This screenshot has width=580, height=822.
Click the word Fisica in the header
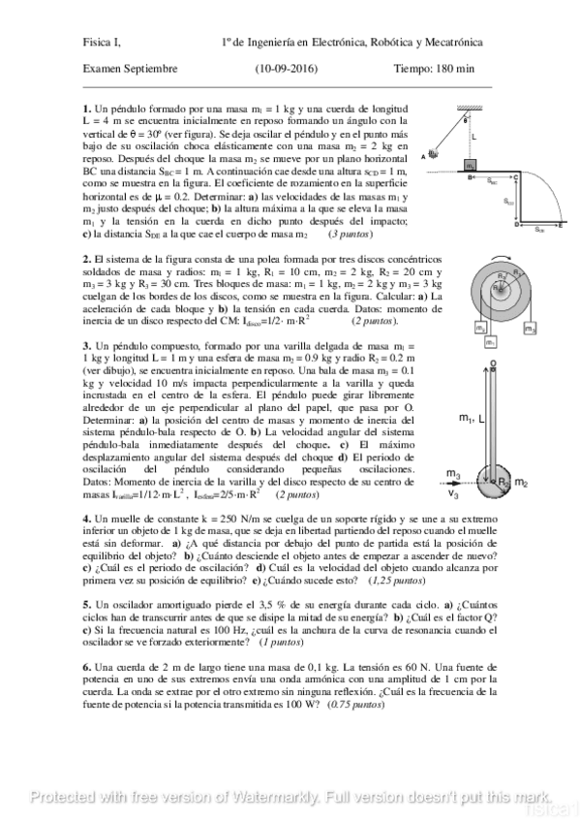97,42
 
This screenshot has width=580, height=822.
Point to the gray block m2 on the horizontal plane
470,166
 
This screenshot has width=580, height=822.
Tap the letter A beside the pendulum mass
424,156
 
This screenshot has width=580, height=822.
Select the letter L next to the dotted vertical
473,137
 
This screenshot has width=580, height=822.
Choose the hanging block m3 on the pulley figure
530,330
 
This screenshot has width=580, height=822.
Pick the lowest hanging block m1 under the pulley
491,342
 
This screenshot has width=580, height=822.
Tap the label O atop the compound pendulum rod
494,365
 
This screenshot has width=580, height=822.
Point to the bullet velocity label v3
453,494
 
